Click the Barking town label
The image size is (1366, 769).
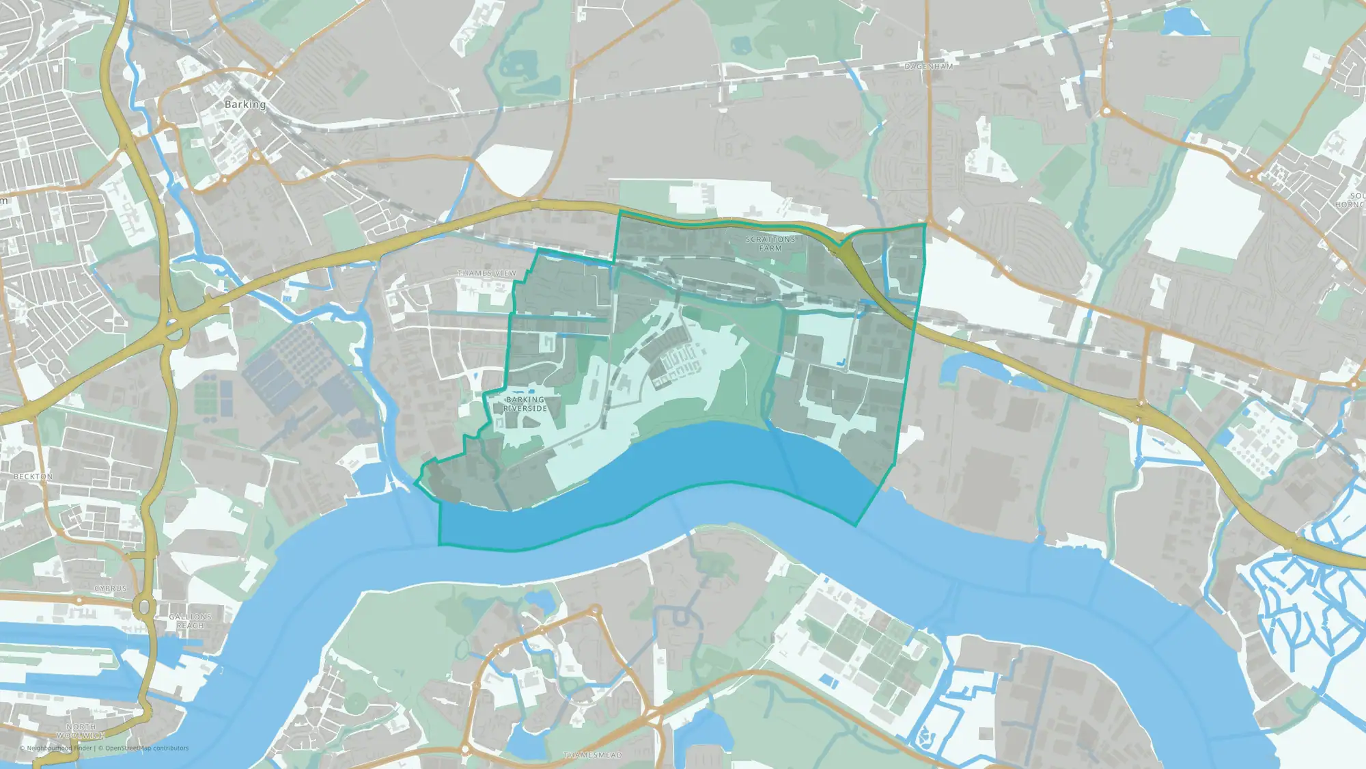(x=245, y=105)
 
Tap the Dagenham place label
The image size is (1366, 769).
(x=928, y=66)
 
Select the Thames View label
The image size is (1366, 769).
(x=486, y=273)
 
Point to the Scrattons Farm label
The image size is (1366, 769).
(x=770, y=244)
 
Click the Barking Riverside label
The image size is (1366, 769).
(x=525, y=404)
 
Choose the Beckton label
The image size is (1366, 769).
(x=33, y=476)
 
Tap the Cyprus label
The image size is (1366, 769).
(x=111, y=589)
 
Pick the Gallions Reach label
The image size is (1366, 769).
(x=190, y=621)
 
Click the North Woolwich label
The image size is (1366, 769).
(x=81, y=731)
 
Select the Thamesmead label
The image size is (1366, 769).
(x=592, y=755)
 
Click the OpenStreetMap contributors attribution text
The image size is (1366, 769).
(x=147, y=748)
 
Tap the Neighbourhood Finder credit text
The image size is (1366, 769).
(x=58, y=748)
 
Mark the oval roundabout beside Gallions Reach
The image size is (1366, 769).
(x=145, y=606)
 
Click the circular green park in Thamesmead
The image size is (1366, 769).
(x=355, y=702)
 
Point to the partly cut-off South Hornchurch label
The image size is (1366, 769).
(x=1351, y=200)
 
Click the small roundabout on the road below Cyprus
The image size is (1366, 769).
(x=80, y=601)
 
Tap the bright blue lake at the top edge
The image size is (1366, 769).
(x=1185, y=23)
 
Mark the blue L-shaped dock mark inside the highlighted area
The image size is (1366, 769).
(x=843, y=362)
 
